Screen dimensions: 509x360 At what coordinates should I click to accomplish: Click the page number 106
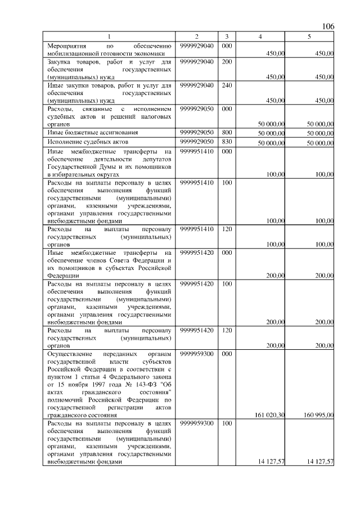coord(328,26)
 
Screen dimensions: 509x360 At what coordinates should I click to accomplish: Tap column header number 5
coord(309,37)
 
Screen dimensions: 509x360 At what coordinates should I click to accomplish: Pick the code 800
coord(227,132)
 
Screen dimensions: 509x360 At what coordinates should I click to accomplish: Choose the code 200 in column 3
coord(227,61)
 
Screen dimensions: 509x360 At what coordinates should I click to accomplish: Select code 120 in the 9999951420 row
coord(227,330)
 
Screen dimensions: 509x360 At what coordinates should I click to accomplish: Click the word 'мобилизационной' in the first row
coord(74,53)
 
